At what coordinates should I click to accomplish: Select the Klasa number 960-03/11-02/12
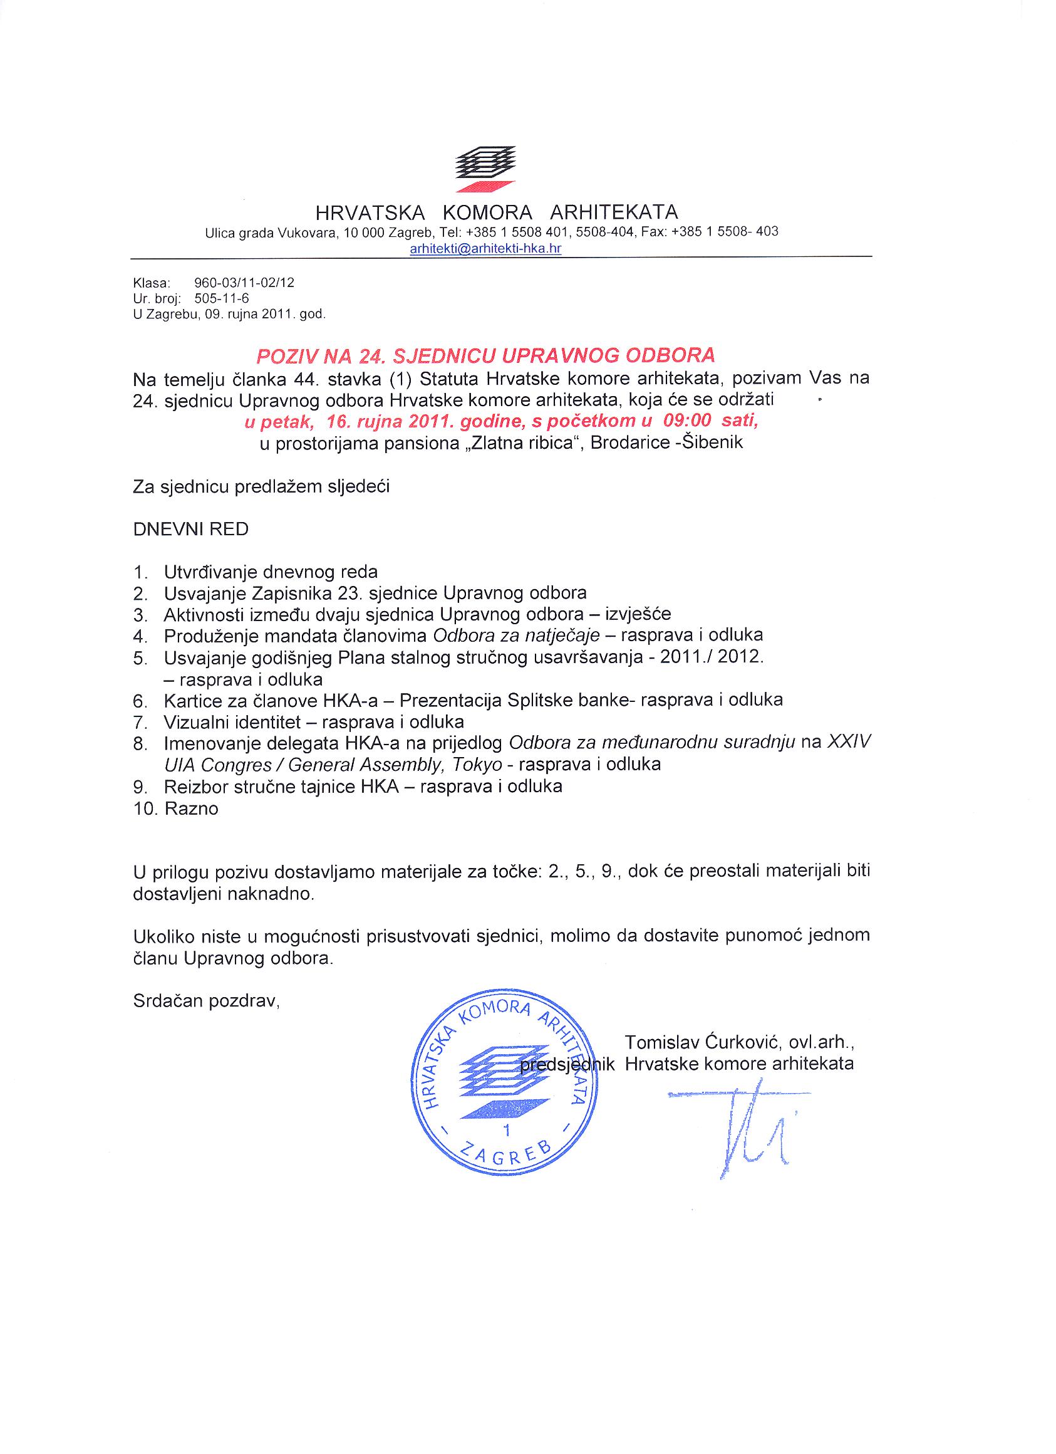click(244, 283)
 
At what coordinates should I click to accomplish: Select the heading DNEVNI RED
click(190, 530)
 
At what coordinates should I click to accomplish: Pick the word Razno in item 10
click(191, 809)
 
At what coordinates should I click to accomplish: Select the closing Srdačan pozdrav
click(206, 1001)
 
